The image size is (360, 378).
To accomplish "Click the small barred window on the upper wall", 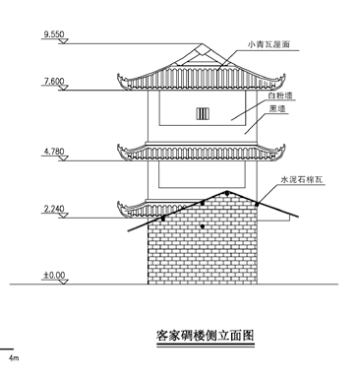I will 205,112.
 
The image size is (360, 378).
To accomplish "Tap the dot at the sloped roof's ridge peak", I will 227,192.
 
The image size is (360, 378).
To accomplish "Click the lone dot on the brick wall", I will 203,227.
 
